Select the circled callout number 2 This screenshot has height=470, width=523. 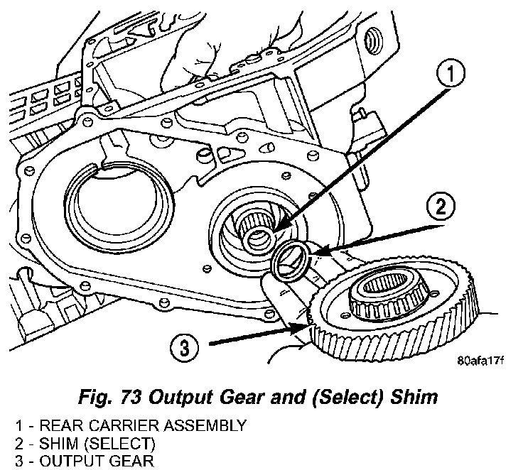tap(440, 208)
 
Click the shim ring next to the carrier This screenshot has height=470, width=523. tap(291, 260)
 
